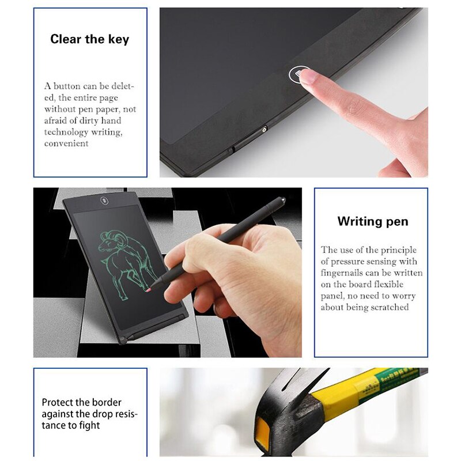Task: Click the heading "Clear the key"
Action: tap(90, 39)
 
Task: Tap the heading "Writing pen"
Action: tap(373, 221)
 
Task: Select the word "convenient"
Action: tap(66, 143)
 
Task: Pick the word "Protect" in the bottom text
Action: tap(56, 402)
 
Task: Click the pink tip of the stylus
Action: tap(149, 290)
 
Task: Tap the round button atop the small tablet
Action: tap(104, 201)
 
